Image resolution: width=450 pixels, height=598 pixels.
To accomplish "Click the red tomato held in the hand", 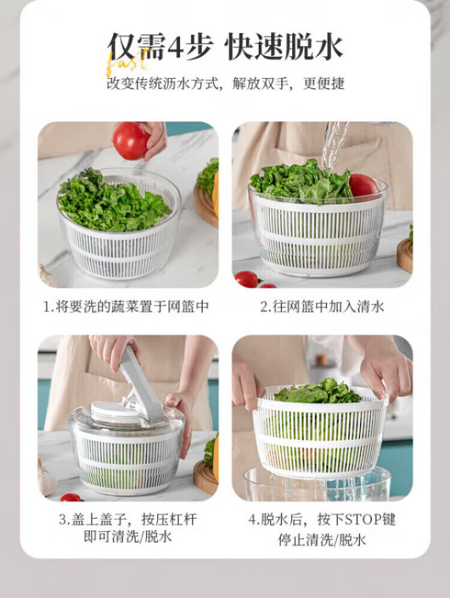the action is pos(131,140).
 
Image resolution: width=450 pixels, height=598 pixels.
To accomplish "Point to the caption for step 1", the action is pos(126,307).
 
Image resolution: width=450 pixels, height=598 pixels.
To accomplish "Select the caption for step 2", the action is pos(322,307).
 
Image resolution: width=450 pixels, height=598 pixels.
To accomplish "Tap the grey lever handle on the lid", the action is pos(142,385).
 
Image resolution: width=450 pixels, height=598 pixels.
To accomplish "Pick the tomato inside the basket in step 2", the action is pos(363,186).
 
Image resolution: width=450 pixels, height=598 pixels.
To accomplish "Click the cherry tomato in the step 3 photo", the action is pos(70,497).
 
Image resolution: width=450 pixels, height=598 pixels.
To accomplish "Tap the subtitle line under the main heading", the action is pos(225,83).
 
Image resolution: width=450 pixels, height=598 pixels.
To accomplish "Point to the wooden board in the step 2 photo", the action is pos(404,254).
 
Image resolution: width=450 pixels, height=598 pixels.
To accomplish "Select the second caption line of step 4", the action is pos(322,540).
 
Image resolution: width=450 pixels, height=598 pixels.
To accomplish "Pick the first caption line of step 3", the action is pos(128,519).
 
